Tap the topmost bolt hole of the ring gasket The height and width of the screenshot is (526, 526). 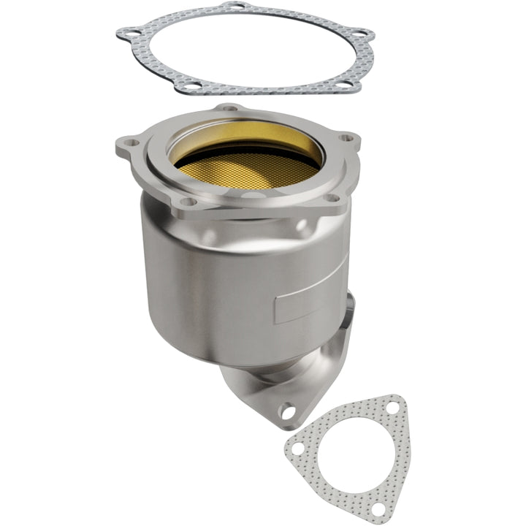[x=232, y=6]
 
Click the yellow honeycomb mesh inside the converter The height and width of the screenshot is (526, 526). [x=248, y=170]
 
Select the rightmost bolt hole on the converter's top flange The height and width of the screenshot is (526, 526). [x=346, y=138]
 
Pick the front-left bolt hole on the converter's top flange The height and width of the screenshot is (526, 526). [x=187, y=202]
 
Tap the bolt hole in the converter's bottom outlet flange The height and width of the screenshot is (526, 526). [x=289, y=411]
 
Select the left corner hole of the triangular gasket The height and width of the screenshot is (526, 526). [x=299, y=445]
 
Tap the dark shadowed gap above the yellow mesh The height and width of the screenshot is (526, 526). [x=248, y=142]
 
